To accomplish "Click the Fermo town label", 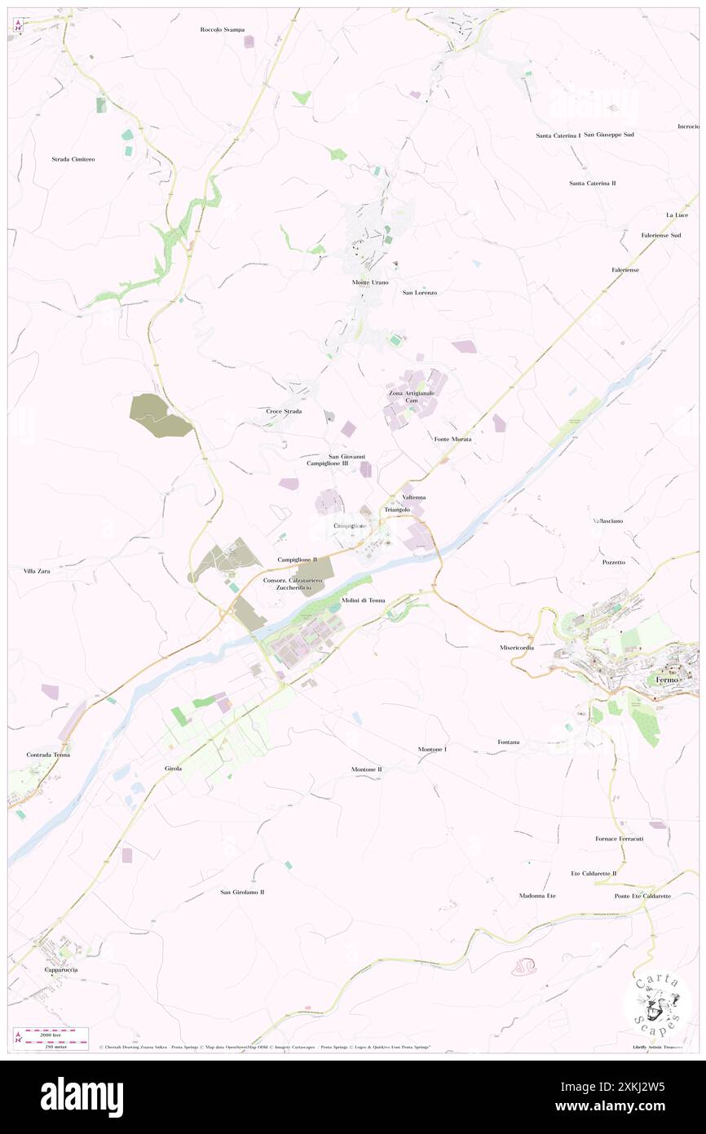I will (x=668, y=680).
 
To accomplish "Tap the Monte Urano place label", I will (x=370, y=282).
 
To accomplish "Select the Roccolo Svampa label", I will (x=223, y=29).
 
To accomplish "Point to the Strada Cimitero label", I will (x=73, y=159).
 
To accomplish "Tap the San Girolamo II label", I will (x=242, y=892).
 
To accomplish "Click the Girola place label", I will (x=173, y=769).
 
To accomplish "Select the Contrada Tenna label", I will (x=48, y=755).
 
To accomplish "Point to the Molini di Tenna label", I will (x=363, y=600).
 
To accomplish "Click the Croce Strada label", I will (x=284, y=411).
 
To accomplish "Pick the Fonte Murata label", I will (x=452, y=439).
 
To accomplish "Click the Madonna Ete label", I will (x=537, y=896).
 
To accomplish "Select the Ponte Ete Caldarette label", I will (x=643, y=896).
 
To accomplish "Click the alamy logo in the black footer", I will (x=82, y=1096).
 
